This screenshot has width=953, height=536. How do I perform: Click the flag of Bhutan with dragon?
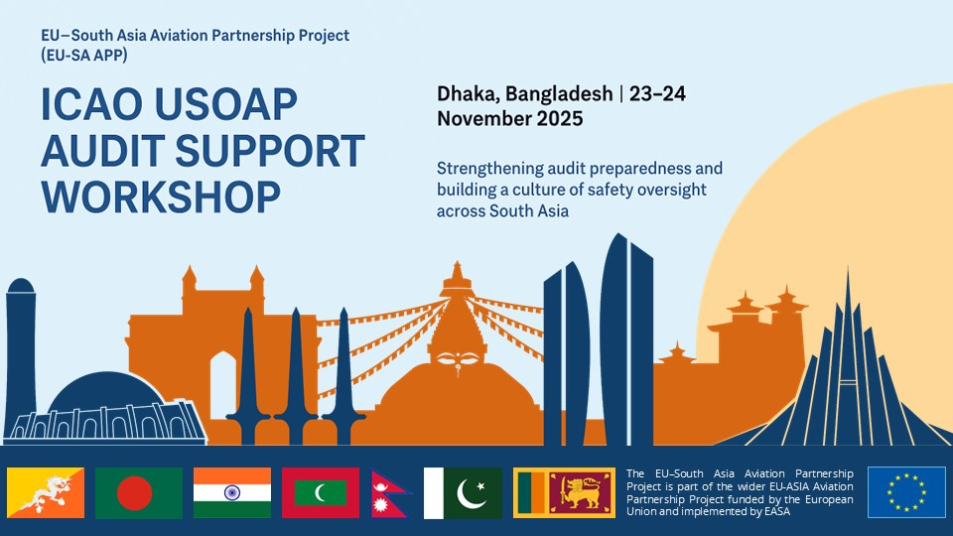[x=46, y=492]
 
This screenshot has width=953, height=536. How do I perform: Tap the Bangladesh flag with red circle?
[x=138, y=492]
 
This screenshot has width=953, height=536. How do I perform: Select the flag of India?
[x=231, y=492]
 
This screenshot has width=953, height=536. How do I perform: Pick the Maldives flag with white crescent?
[x=319, y=492]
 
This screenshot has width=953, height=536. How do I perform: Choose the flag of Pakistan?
[x=463, y=492]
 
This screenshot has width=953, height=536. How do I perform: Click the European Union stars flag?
[x=906, y=492]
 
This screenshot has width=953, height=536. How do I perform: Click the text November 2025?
[x=509, y=118]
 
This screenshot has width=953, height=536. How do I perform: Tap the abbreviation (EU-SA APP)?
[x=84, y=55]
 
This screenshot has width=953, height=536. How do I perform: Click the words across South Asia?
[x=502, y=210]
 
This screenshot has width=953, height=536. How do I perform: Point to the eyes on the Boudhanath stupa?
[x=456, y=350]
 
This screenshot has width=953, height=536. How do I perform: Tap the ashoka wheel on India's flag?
[x=231, y=492]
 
